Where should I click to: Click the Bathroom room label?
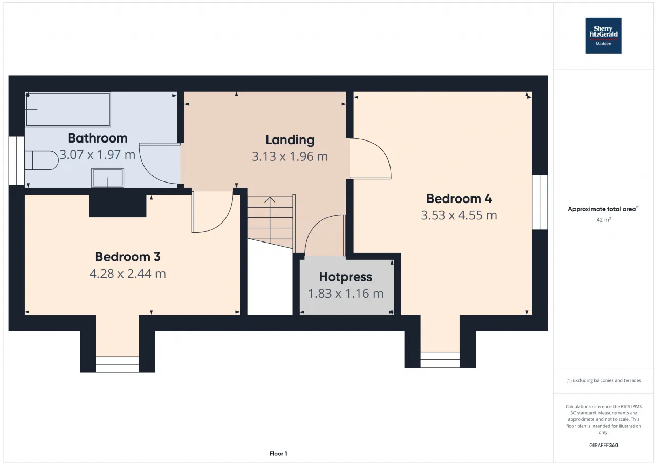(97, 138)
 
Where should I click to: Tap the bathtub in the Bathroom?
(68, 109)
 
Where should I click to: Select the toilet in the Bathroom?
(42, 160)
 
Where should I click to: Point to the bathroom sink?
(108, 177)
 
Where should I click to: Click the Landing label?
(290, 140)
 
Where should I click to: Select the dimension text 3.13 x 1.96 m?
(290, 157)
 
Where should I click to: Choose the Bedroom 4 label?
(459, 199)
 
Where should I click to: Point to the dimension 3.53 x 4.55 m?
(459, 216)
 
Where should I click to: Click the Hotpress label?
(345, 277)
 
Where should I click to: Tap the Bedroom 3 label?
(128, 257)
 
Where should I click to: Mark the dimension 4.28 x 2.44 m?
(128, 274)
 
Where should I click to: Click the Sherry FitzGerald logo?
(603, 36)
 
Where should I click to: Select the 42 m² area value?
(603, 220)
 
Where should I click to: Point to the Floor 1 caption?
(278, 454)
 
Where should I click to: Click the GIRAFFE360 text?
(603, 445)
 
